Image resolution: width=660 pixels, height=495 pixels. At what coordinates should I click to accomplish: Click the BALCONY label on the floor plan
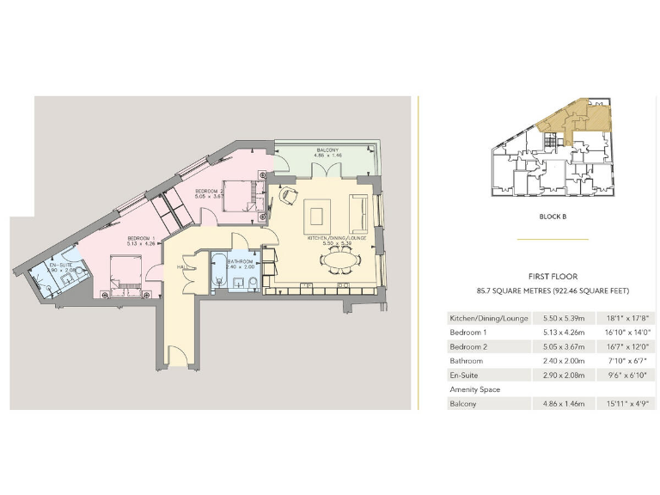tap(326, 150)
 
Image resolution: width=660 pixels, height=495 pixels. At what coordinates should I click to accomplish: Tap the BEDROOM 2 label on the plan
tap(210, 191)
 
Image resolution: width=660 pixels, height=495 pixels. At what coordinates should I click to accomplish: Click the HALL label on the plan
tap(182, 268)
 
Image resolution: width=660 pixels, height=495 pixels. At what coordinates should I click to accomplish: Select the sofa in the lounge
tap(359, 212)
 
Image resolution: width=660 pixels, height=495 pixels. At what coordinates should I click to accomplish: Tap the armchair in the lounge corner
tap(286, 195)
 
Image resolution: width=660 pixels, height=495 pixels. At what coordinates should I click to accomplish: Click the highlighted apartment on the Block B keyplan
tap(576, 119)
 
